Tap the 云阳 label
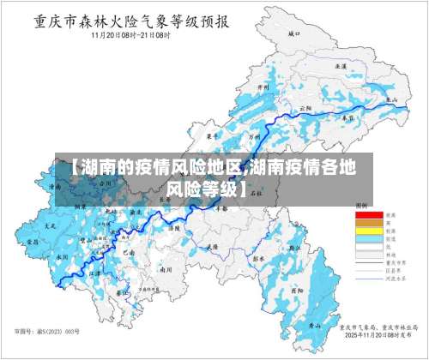pyautogui.click(x=305, y=109)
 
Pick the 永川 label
pyautogui.click(x=61, y=256)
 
